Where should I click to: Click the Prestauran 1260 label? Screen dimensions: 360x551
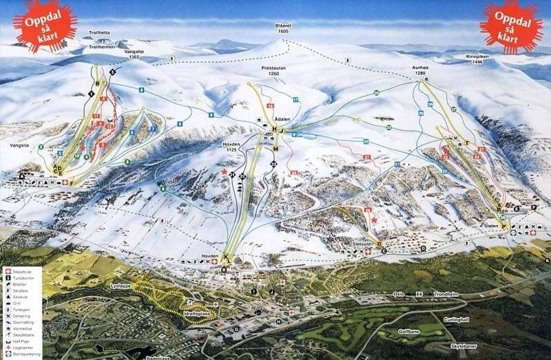(x=274, y=70)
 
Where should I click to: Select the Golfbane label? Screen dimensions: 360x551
(x=408, y=332)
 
